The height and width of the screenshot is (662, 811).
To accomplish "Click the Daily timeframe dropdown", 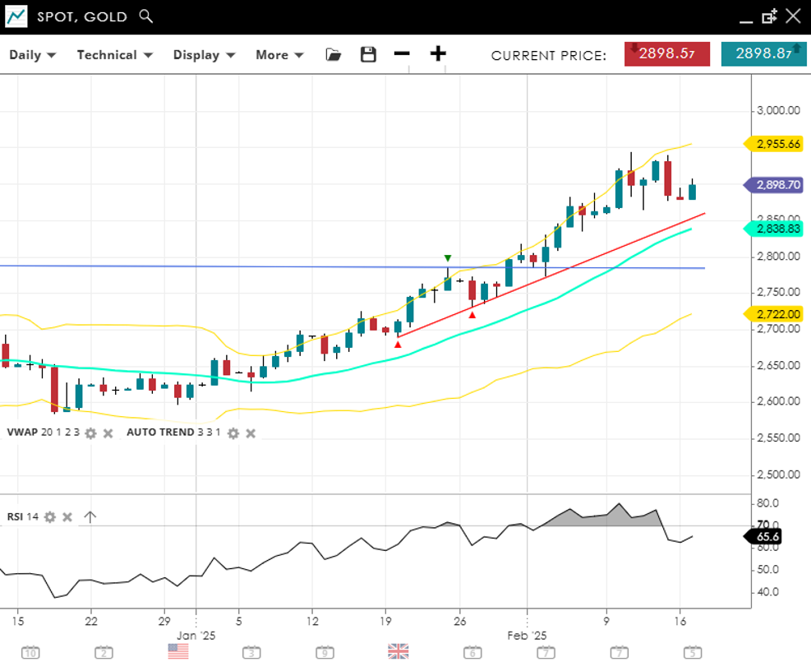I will pos(32,55).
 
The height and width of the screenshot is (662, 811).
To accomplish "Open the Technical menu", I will pos(114,55).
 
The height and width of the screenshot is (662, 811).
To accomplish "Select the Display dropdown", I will pos(204,55).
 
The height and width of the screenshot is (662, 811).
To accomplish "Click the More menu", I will pos(279,55).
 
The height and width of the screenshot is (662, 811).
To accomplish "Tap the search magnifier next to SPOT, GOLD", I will pos(146,16).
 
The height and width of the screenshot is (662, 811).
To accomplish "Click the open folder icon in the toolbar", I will pos(333,55).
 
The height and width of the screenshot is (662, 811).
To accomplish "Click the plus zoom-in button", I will pos(438,54).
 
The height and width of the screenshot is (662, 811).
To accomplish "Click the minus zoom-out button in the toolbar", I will pos(401,54).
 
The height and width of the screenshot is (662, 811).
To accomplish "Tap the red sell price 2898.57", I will pos(667,54).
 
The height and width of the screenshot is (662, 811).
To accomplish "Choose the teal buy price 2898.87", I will pos(763,54).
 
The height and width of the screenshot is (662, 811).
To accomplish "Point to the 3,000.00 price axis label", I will pos(777,111).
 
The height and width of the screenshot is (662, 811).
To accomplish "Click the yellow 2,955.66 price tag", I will pos(776,144).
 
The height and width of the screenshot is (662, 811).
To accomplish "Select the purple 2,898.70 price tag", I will pos(776,186).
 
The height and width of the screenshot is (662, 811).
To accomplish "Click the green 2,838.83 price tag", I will pos(776,229).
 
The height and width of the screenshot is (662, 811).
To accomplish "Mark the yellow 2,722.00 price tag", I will pos(776,314).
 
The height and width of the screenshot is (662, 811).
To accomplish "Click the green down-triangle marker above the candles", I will pos(448,258).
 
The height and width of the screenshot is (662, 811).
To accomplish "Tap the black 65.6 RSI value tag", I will pos(765,537).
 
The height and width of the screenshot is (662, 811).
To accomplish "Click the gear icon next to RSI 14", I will pos(50,517).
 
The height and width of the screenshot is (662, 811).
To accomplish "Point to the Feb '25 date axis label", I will pos(528,635).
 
